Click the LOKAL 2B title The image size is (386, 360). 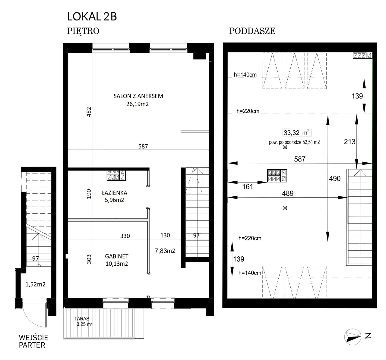pos(92,17)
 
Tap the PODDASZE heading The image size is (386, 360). pos(252,31)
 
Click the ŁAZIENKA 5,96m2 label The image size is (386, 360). pos(115,196)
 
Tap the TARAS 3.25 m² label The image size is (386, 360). pos(83,321)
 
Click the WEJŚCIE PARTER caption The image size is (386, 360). pos(33,341)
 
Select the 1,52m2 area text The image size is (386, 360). pos(35,284)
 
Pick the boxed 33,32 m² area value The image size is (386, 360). pos(297,133)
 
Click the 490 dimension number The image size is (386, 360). pos(335,178)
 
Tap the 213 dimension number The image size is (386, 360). pos(350,142)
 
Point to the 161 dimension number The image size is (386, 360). pos(247,186)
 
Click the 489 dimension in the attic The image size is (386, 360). pos(288,193)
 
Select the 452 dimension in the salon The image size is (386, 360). pos(89,112)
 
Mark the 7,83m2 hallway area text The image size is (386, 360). pos(165,251)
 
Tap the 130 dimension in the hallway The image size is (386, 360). pos(165,235)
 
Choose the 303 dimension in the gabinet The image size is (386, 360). pos(89,259)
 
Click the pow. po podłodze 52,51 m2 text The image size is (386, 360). pos(294,142)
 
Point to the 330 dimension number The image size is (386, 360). pos(125,236)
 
